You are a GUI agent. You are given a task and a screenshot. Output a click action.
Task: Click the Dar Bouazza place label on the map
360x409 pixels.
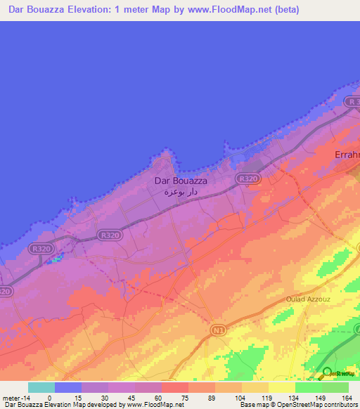180,181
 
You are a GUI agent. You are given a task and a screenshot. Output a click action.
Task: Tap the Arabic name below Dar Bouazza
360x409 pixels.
180,192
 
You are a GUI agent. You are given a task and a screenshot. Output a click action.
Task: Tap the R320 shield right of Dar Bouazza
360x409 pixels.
247,180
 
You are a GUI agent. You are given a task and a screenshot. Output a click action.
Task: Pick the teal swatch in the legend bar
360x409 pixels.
41,387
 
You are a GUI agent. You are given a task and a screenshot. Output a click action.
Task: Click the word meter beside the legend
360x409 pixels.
11,397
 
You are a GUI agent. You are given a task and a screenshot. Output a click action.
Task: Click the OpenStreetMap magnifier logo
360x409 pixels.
327,373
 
